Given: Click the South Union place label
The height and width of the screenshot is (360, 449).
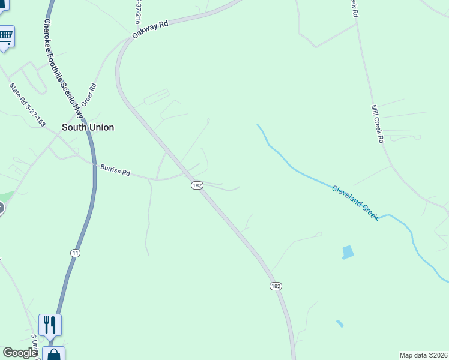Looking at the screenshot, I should click(88, 127).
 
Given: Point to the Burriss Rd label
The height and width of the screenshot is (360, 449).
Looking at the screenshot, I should click(115, 172).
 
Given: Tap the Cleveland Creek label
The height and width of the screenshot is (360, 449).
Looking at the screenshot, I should click(355, 202).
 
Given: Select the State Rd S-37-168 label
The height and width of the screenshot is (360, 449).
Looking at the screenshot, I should click(28, 104).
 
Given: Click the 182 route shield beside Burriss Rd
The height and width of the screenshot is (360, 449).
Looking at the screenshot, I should click(197, 185).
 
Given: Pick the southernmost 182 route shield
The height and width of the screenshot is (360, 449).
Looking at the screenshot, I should click(276, 286).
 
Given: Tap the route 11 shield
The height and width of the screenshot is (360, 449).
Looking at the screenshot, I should click(75, 253).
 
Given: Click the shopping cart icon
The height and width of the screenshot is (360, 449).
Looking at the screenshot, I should click(5, 35).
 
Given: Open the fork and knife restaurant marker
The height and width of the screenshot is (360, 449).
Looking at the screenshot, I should click(50, 325).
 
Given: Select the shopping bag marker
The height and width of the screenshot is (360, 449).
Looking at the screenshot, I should click(54, 354).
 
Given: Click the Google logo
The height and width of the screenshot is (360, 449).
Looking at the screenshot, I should click(20, 353).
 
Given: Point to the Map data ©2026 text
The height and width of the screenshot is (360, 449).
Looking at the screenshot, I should click(423, 355).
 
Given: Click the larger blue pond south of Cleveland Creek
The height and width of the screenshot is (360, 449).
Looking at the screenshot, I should click(348, 252).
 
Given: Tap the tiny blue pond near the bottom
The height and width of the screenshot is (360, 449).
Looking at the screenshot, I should click(340, 324).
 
